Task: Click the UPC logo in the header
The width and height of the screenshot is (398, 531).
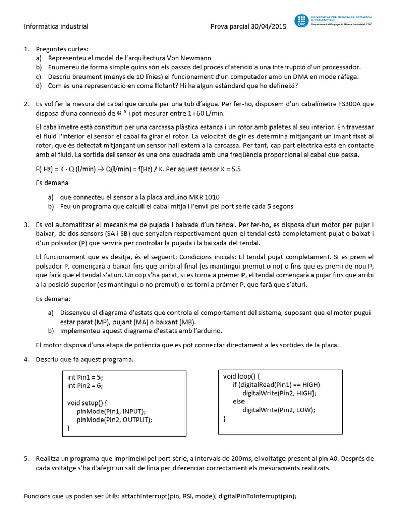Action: [x=301, y=21]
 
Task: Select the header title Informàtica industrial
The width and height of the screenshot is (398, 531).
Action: [x=56, y=26]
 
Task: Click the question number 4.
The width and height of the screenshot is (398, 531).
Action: [x=26, y=359]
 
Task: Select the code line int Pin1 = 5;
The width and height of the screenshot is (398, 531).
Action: [x=89, y=377]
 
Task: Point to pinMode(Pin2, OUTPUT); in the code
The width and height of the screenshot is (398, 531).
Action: [x=115, y=420]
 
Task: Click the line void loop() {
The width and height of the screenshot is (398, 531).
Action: [x=241, y=376]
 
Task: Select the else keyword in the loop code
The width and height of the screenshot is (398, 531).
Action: [x=239, y=401]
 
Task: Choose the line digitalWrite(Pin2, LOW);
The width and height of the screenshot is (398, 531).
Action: [x=278, y=410]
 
